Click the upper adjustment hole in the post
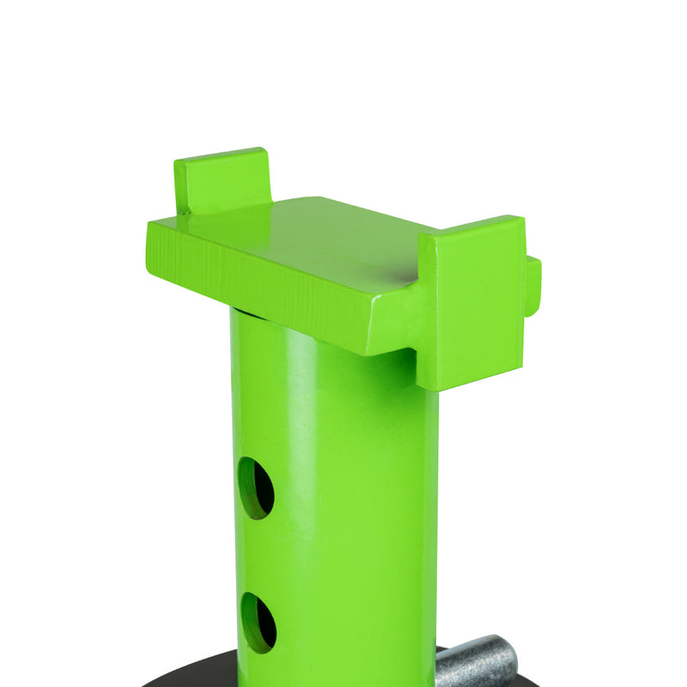(x=255, y=488)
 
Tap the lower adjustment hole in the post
(x=258, y=622)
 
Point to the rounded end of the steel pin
(x=507, y=658)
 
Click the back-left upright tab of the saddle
(x=222, y=179)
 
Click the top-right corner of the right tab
(x=522, y=218)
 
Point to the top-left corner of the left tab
(x=176, y=161)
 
